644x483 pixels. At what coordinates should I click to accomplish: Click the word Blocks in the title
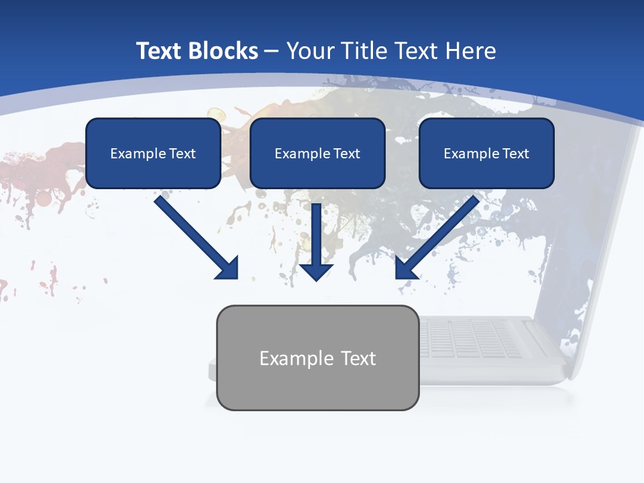coord(222,51)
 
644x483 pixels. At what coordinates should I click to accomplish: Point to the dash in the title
coord(272,51)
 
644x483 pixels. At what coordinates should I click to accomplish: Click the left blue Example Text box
coord(153,153)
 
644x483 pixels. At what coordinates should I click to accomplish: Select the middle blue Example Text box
coord(317,153)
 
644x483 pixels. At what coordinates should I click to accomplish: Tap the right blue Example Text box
coord(486,153)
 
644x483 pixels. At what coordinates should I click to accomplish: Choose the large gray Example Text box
coord(317,358)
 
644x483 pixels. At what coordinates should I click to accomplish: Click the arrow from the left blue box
coord(195,235)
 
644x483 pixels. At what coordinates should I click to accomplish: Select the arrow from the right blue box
coord(439,235)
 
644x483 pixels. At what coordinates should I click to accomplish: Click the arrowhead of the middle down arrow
coord(317,271)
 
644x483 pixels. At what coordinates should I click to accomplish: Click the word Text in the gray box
coord(358,358)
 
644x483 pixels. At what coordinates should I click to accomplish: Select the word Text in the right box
coord(515,154)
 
